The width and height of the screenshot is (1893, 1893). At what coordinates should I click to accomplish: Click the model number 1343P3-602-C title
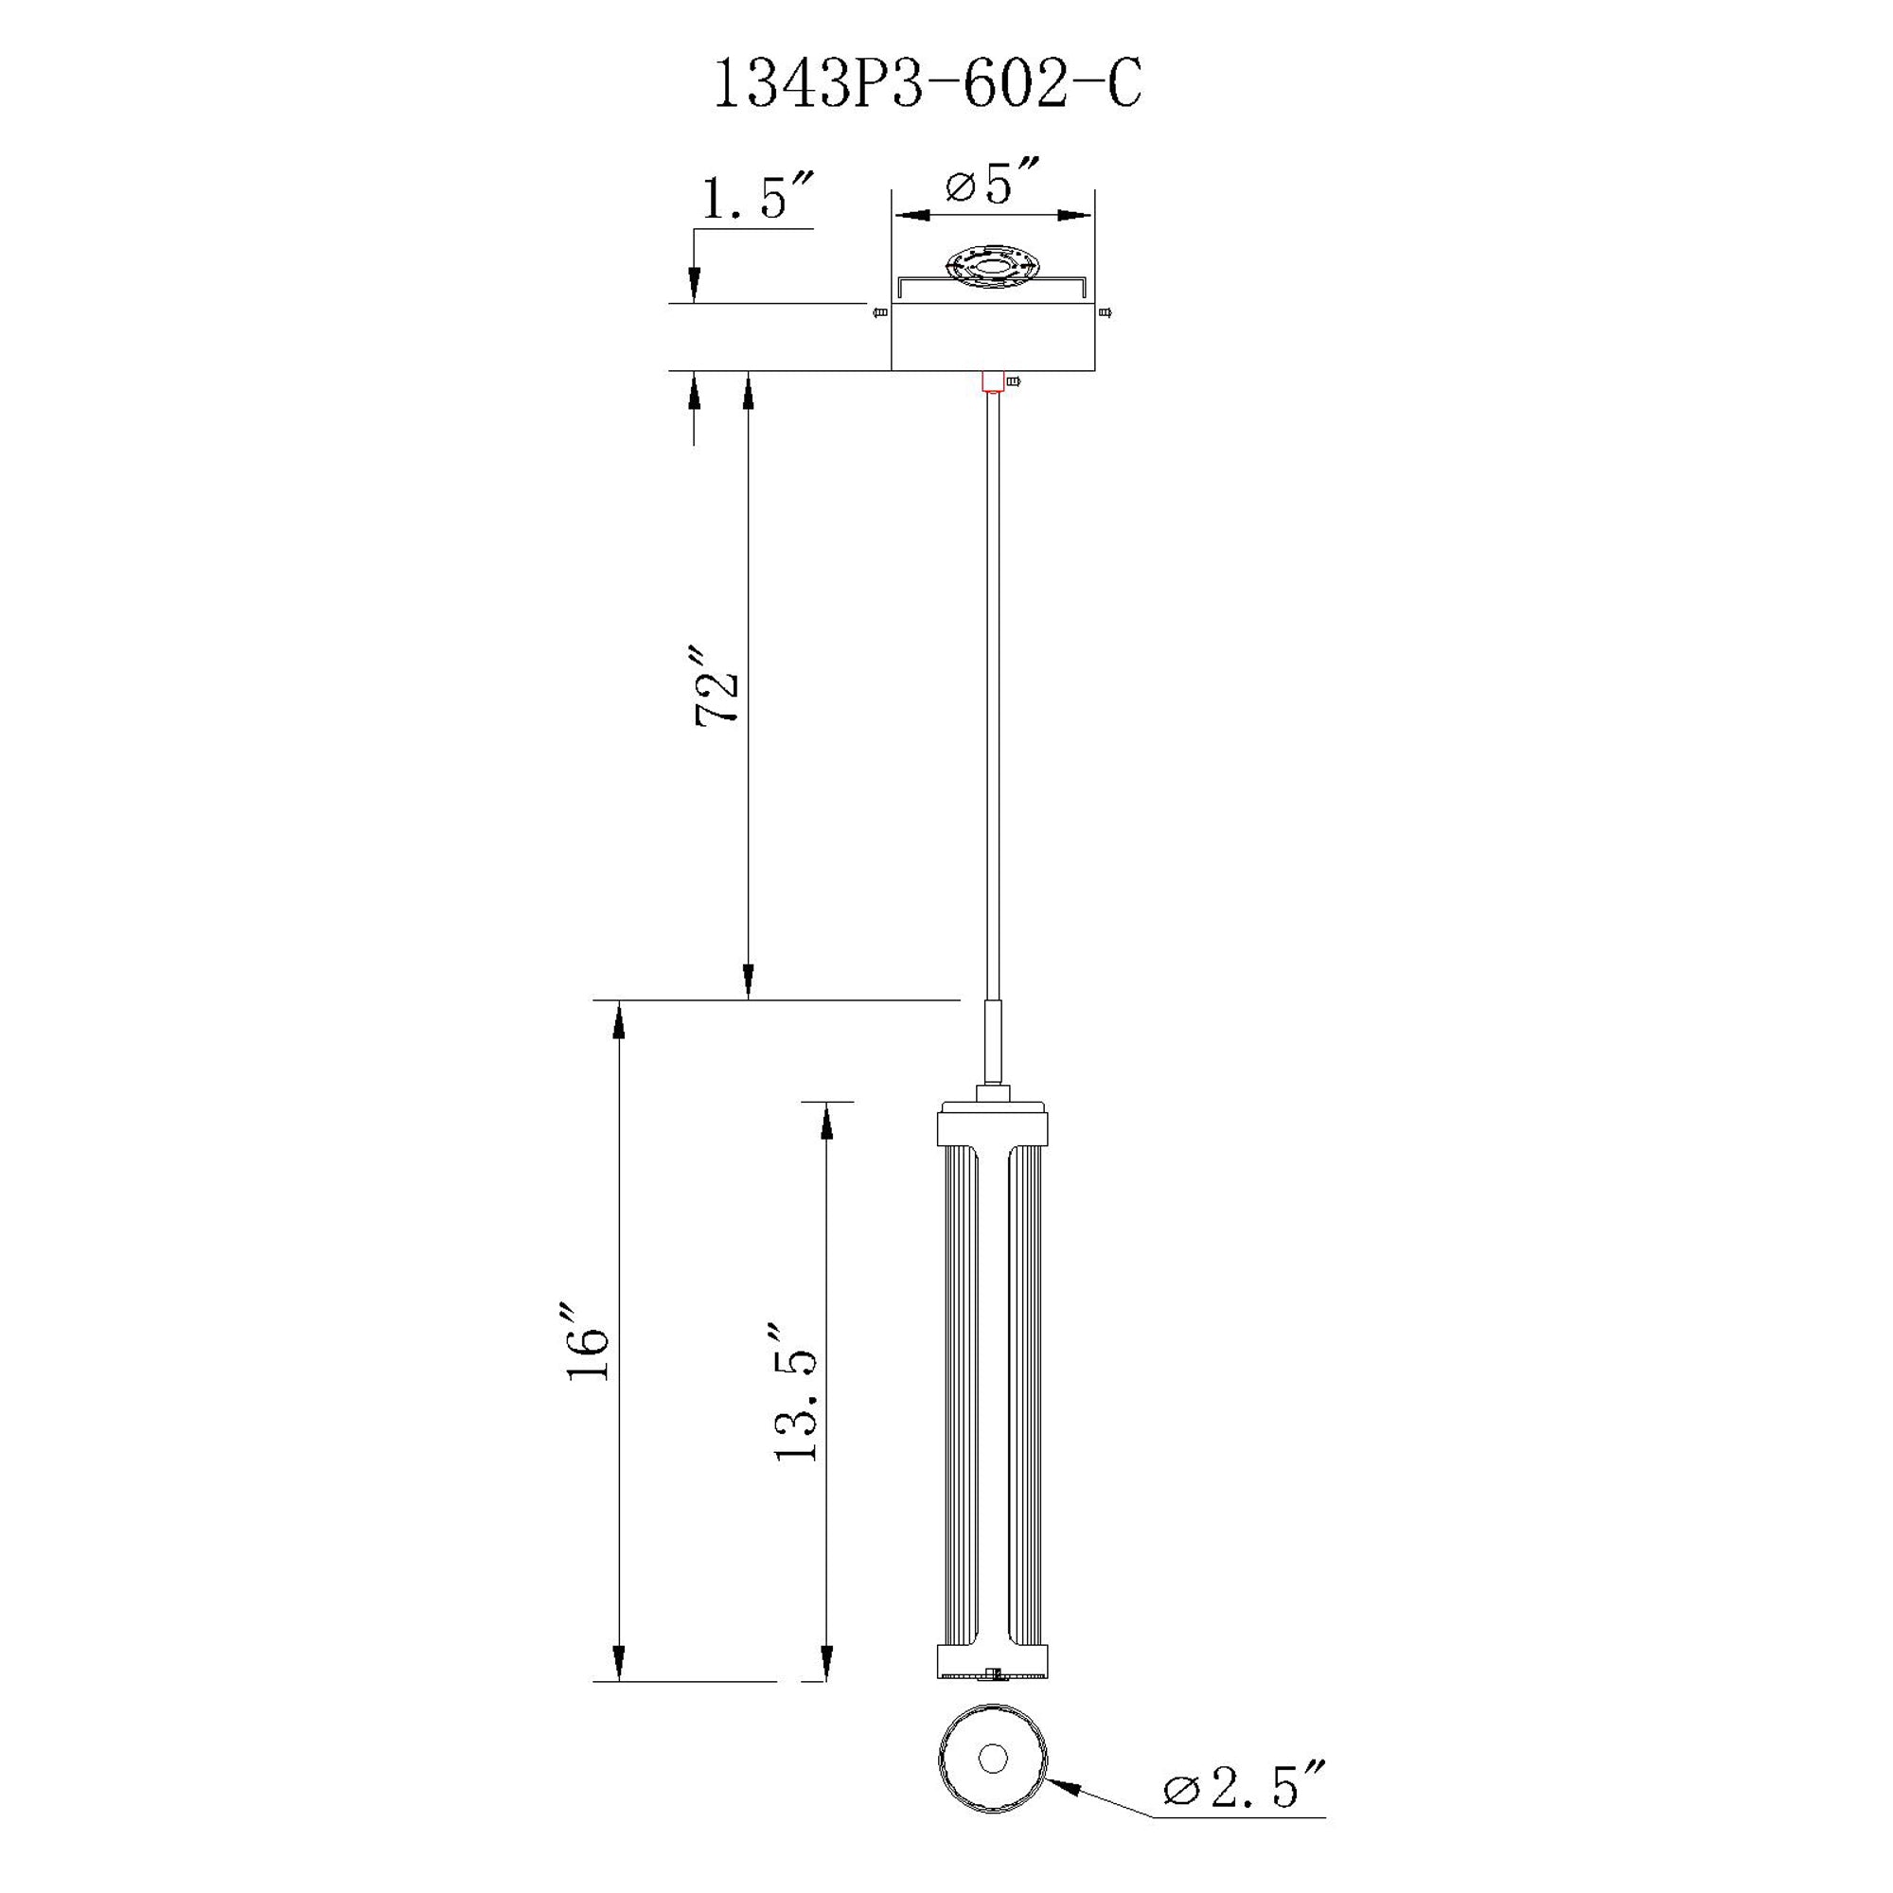tap(927, 86)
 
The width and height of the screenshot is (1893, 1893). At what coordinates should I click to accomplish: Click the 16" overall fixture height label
tap(589, 1341)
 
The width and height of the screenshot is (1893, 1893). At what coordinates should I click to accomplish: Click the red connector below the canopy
tap(993, 381)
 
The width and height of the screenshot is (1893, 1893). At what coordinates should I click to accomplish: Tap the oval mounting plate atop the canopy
tap(992, 266)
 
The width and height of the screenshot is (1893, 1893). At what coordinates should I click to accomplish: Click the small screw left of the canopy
tap(880, 312)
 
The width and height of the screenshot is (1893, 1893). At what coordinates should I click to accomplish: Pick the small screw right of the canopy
tap(1106, 312)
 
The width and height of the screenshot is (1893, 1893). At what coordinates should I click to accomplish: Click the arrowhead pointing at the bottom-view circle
tap(1062, 1786)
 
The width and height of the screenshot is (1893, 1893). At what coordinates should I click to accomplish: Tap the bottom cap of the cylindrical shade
tap(993, 1661)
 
